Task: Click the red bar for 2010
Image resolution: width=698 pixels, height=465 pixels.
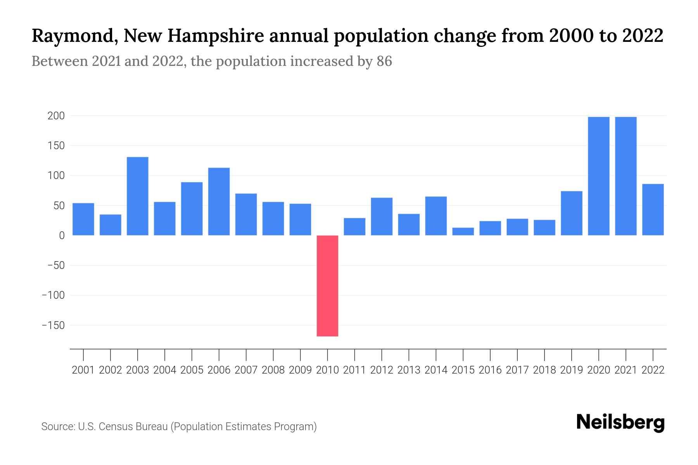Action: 327,286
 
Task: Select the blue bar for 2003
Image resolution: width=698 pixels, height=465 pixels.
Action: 138,196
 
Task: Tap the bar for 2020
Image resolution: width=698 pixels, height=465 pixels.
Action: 598,176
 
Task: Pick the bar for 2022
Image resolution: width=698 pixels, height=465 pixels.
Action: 653,210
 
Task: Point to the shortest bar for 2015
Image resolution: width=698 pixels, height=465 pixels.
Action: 463,231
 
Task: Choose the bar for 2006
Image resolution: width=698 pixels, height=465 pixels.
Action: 219,201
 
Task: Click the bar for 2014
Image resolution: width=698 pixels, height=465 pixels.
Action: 436,216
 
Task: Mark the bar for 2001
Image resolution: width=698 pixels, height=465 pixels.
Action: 83,219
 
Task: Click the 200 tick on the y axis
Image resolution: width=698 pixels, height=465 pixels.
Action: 56,116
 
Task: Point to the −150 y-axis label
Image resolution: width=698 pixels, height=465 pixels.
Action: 53,325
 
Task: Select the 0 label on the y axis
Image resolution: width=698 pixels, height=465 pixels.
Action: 62,236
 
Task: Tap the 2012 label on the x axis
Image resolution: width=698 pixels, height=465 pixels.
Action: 382,370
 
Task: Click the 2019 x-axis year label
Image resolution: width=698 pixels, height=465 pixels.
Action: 571,370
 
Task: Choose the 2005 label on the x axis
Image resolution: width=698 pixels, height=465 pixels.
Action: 192,370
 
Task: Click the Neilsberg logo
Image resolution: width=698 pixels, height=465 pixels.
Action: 620,422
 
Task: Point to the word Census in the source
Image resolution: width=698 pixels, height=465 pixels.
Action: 115,427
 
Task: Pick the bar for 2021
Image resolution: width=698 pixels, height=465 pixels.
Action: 625,176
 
